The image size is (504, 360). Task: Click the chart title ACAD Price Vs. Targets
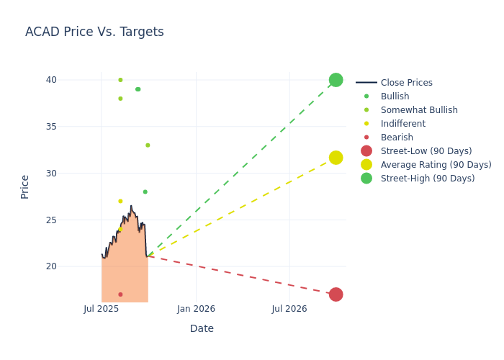[x=94, y=32]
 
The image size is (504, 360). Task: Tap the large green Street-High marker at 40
[x=336, y=80]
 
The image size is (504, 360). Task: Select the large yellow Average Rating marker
[x=336, y=158]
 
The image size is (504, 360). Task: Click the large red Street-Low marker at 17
[x=336, y=294]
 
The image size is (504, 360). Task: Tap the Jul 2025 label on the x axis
[x=102, y=309]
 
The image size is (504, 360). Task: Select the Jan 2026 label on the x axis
[x=196, y=309]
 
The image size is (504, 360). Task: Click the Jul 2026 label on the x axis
[x=289, y=309]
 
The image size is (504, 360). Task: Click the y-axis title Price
[x=25, y=186]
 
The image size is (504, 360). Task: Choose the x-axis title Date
[x=202, y=329]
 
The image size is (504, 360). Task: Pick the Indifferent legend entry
[x=402, y=124]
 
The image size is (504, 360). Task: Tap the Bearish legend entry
[x=397, y=138]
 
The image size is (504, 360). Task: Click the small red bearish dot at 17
[x=120, y=294]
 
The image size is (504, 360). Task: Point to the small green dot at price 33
[x=148, y=145]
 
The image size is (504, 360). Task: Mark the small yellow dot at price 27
[x=120, y=201]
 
